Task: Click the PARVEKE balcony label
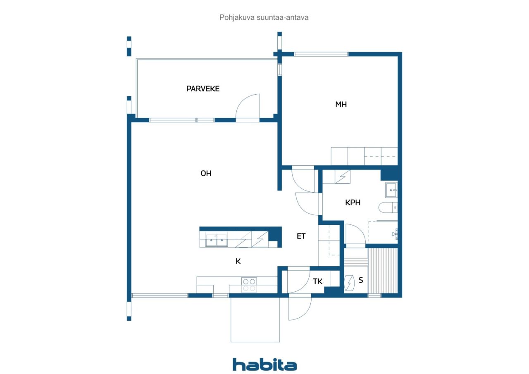coord(203,89)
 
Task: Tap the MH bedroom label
coord(341,105)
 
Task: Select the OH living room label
coord(206,174)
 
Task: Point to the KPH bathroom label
coord(353,202)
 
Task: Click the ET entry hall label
coord(301,236)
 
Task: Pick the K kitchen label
coord(238,261)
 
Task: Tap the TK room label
coord(318,281)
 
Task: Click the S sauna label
coord(361,280)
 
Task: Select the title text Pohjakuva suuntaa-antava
coord(264,17)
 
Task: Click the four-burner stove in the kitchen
coord(249,285)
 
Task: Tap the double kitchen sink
coord(216,240)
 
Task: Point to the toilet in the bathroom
coord(388,207)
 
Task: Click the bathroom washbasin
coord(391,190)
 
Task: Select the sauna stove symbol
coord(350,283)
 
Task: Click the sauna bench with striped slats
coord(383,271)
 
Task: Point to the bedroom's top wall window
coord(321,54)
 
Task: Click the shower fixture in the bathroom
coord(396,234)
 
